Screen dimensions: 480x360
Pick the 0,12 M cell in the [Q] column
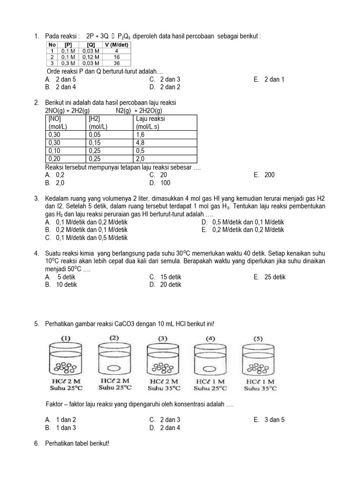tap(90, 57)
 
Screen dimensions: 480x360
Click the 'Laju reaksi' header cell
tap(150, 119)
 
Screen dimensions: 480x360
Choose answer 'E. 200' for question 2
tap(264, 175)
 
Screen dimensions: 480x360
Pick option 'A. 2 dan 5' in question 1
tap(60, 79)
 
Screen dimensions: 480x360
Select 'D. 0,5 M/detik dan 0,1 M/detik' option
tap(243, 222)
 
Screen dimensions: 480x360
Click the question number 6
tap(37, 443)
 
